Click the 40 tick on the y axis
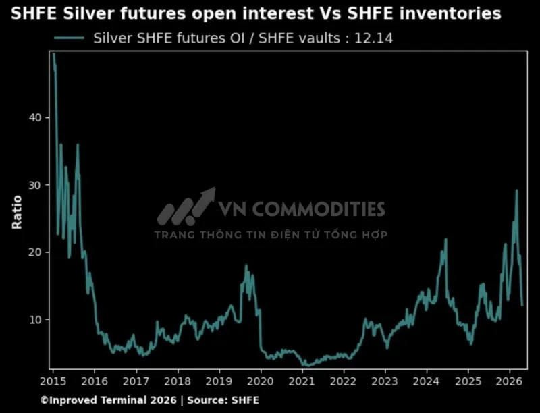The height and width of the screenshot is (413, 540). (34, 117)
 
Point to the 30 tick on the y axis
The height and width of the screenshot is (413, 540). (34, 185)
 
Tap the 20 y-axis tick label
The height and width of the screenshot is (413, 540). (34, 252)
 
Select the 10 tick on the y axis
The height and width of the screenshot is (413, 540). (34, 319)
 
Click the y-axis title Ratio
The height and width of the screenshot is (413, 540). (17, 212)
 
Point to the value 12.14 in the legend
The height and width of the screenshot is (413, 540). (375, 38)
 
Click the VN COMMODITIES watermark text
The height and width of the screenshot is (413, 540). (301, 209)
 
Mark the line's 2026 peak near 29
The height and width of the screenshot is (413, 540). (517, 190)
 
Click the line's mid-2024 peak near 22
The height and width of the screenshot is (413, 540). (446, 239)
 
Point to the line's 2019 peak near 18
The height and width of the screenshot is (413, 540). (246, 265)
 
